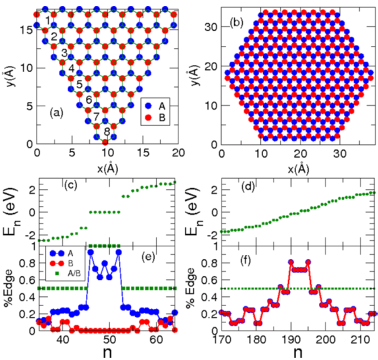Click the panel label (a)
56,112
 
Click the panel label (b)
236,24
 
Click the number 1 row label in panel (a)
48,22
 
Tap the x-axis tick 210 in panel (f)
362,339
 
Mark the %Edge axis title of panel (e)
10,287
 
